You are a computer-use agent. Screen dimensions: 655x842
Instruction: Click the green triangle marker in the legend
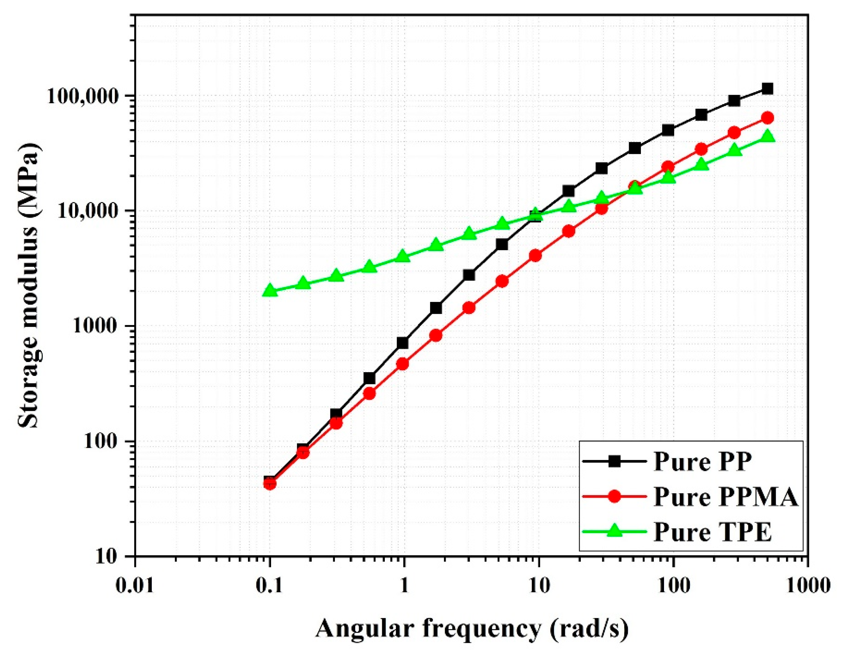coord(614,532)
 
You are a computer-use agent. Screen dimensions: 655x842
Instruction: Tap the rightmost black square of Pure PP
coord(767,89)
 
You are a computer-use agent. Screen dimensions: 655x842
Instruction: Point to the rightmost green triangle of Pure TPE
coord(767,137)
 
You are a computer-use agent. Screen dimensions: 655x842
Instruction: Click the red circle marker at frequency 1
coord(403,364)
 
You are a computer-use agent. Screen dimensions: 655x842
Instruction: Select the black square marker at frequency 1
coord(403,343)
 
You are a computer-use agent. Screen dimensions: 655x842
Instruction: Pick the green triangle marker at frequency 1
coord(403,256)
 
